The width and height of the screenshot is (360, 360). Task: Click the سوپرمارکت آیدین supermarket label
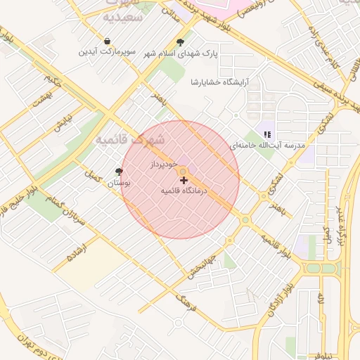105,52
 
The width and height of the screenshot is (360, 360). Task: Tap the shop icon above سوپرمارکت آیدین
106,41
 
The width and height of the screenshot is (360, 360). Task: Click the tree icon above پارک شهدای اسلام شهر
181,41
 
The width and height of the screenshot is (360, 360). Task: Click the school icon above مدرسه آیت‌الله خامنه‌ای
266,134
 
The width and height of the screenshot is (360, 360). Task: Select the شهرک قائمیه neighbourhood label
129,138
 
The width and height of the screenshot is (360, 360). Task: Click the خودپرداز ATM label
161,163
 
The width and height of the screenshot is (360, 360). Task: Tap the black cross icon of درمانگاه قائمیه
184,181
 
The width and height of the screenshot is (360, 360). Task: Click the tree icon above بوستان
118,171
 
